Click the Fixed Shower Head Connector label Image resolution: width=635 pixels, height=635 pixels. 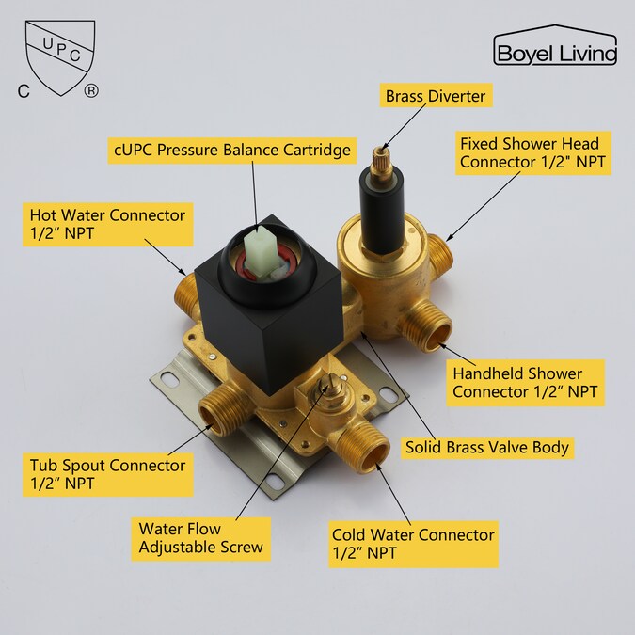click(x=534, y=153)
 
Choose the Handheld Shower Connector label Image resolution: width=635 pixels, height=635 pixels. click(x=525, y=382)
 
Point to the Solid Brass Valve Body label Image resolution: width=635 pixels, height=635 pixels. click(x=486, y=447)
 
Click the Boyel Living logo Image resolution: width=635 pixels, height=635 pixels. click(x=555, y=49)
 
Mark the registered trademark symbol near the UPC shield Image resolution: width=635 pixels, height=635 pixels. click(x=90, y=91)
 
